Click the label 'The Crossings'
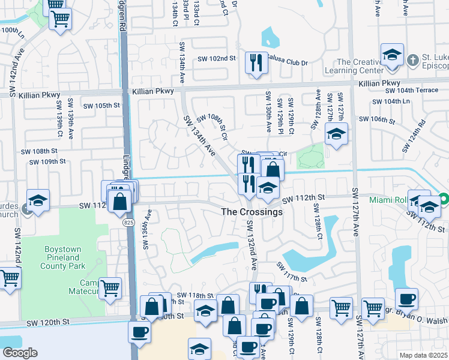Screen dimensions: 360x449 (x=252, y=212)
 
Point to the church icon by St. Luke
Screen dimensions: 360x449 (x=412, y=60)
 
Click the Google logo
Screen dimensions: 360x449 (x=20, y=353)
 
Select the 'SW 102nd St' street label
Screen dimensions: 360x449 (x=217, y=58)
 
